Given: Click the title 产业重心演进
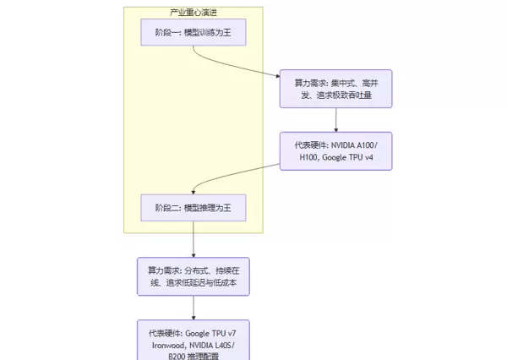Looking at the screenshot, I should pyautogui.click(x=193, y=13).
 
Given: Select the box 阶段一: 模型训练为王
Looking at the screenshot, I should pyautogui.click(x=193, y=32).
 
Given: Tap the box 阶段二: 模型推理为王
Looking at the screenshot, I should pyautogui.click(x=193, y=207).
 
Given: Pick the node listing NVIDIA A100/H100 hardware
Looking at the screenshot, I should pyautogui.click(x=336, y=151).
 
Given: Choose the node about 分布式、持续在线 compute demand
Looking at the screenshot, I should pyautogui.click(x=194, y=276).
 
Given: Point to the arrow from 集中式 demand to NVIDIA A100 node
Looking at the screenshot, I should pyautogui.click(x=336, y=119).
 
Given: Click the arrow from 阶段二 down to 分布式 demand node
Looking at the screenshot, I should pyautogui.click(x=194, y=239).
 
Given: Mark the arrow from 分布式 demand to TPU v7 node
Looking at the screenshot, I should pyautogui.click(x=194, y=307).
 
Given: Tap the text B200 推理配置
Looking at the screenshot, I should pyautogui.click(x=194, y=356).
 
